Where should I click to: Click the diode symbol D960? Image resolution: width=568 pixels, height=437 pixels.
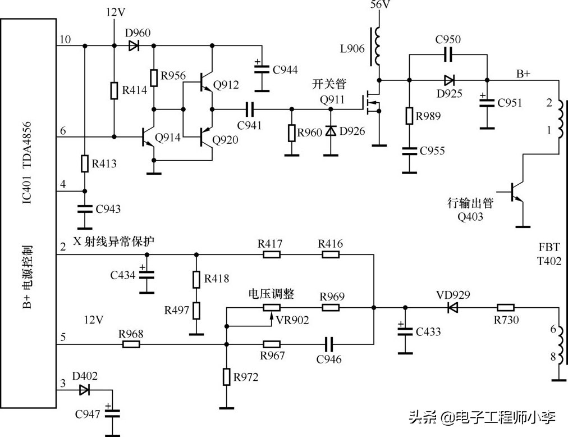(134, 46)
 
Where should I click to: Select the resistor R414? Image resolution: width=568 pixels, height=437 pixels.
(114, 90)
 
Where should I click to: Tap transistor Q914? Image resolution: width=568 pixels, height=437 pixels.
(148, 136)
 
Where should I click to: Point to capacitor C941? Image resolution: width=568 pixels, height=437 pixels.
(250, 108)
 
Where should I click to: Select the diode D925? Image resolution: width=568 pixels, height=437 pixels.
(448, 79)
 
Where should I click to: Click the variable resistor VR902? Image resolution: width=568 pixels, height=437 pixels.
(272, 307)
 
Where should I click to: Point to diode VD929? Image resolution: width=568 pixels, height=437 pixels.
(452, 307)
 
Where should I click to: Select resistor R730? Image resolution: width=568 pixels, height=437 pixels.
(505, 307)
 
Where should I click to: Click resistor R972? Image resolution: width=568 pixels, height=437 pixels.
(226, 376)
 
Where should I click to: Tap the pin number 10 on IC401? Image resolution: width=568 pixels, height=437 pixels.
(65, 39)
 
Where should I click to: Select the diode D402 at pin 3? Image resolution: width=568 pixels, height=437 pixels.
(84, 389)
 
